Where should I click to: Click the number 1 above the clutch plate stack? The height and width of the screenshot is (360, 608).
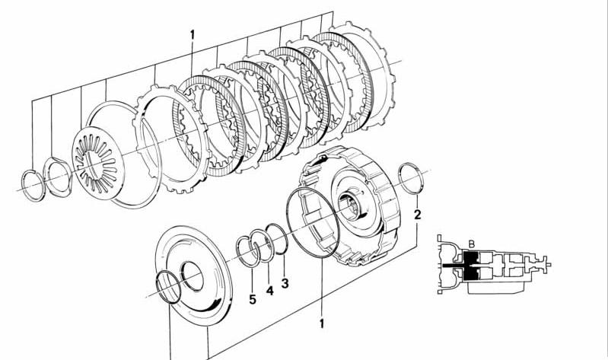pos(192,35)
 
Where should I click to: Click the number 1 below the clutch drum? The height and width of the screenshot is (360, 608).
pos(321,323)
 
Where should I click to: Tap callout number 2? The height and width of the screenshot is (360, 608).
pos(417,215)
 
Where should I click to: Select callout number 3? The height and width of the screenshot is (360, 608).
pos(285,283)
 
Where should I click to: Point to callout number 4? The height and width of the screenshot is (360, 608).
pos(270,290)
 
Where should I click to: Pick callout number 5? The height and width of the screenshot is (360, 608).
pos(253,299)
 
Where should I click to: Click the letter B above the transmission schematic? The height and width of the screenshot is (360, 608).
pos(472,244)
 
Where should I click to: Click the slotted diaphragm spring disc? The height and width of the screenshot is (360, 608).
pos(98,163)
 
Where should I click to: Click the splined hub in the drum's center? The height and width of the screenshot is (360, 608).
pos(350,205)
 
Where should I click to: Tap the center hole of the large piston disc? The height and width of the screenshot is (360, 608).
pos(193,276)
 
